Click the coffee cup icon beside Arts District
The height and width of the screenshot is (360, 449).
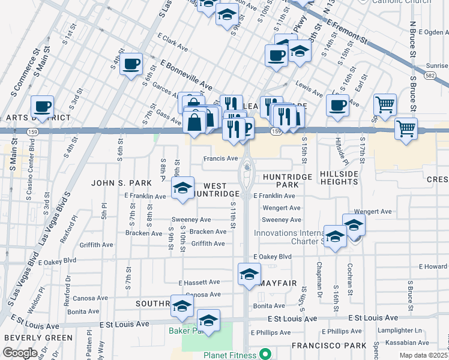pyautogui.click(x=42, y=107)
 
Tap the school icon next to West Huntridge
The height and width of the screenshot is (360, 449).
pyautogui.click(x=183, y=188)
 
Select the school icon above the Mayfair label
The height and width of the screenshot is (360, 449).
pyautogui.click(x=249, y=274)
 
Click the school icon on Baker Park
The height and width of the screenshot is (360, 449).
pyautogui.click(x=208, y=320)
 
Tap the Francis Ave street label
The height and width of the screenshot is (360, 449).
pyautogui.click(x=220, y=158)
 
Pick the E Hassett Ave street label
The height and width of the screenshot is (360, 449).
pyautogui.click(x=199, y=282)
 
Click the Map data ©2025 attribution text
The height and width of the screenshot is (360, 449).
pyautogui.click(x=424, y=355)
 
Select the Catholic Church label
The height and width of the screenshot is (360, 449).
pyautogui.click(x=402, y=2)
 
